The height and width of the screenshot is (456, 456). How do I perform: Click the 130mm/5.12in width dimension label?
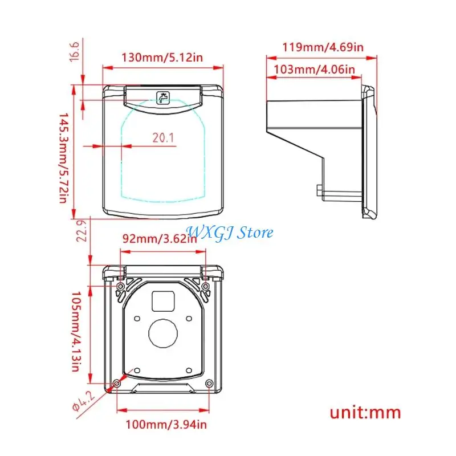tap(162, 58)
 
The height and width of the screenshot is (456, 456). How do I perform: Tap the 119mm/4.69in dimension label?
tap(323, 47)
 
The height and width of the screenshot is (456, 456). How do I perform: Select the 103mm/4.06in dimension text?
tap(315, 70)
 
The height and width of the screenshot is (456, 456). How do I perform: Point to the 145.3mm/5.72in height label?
tap(64, 158)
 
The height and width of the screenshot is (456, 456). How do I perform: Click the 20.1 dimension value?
tap(163, 137)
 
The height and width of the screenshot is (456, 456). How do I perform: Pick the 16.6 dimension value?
tap(75, 51)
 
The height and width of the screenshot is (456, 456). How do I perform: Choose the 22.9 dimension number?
tap(82, 231)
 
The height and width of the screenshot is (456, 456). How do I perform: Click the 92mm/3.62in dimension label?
tap(160, 239)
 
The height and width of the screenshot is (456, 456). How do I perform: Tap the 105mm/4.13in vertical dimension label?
tap(76, 332)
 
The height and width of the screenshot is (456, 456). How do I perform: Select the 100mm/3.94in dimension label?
tap(166, 425)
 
